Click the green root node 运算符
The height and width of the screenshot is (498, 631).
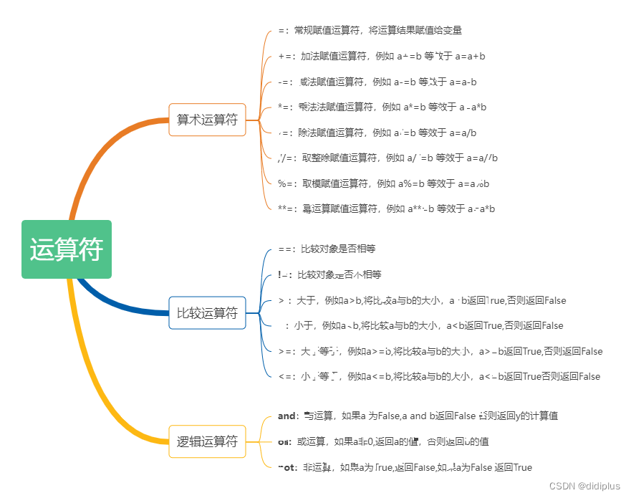click(x=67, y=249)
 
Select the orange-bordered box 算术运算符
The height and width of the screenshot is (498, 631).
click(x=207, y=120)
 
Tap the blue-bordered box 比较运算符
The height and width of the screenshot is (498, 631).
click(x=207, y=312)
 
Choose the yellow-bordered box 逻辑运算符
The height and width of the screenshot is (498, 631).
click(x=207, y=441)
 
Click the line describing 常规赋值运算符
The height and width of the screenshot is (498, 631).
click(x=370, y=30)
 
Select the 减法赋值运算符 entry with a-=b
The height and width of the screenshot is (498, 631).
click(x=377, y=82)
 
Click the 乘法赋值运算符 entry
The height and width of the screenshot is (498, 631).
click(x=382, y=107)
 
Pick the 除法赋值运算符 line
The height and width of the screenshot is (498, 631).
click(x=377, y=133)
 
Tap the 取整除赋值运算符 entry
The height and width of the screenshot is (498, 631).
click(x=387, y=158)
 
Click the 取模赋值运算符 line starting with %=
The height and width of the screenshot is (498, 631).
click(x=383, y=183)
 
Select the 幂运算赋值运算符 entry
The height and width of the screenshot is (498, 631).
click(x=386, y=209)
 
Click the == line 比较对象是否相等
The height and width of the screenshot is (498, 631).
click(x=327, y=249)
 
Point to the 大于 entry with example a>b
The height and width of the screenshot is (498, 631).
click(x=422, y=300)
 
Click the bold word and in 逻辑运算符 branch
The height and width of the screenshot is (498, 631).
click(x=286, y=416)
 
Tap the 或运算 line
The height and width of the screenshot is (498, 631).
click(x=383, y=441)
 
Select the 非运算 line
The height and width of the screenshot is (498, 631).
click(x=405, y=467)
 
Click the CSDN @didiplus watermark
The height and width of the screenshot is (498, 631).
click(x=584, y=486)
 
